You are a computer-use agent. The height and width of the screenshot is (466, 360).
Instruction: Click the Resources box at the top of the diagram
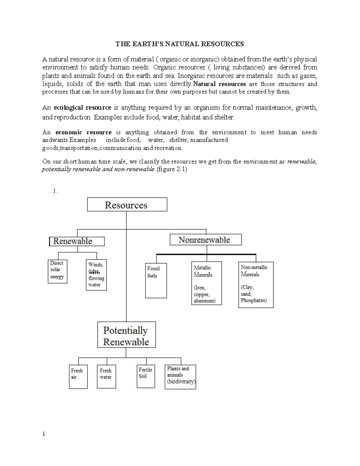point(127,205)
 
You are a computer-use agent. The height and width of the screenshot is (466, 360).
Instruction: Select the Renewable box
point(77,241)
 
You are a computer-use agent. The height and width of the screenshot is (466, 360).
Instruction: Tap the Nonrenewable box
point(205,240)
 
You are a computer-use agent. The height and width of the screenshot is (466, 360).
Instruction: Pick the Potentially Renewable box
point(126,335)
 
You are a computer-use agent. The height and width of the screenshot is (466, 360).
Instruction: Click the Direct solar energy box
point(57,271)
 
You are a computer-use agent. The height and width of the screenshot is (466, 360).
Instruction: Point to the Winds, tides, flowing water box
point(96,275)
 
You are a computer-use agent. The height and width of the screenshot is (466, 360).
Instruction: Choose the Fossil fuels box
point(156,281)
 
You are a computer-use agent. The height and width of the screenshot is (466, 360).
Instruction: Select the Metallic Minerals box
point(206,283)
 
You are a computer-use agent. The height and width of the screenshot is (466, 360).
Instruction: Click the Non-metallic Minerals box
point(256,285)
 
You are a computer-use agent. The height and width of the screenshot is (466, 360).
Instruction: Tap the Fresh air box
point(78,377)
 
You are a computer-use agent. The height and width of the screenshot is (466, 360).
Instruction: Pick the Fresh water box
point(106,377)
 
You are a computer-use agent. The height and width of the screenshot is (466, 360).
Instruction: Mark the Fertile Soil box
point(146,376)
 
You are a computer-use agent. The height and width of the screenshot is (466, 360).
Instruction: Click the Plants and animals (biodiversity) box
point(180,377)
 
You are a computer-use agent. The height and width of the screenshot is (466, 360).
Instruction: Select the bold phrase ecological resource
point(82,107)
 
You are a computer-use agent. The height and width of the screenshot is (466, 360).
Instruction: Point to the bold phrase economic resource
point(83,132)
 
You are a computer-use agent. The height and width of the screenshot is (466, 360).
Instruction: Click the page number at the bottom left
point(44,433)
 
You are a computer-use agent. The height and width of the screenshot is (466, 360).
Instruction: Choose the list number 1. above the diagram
point(55,191)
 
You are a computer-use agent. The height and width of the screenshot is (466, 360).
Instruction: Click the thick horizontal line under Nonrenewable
point(206,254)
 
